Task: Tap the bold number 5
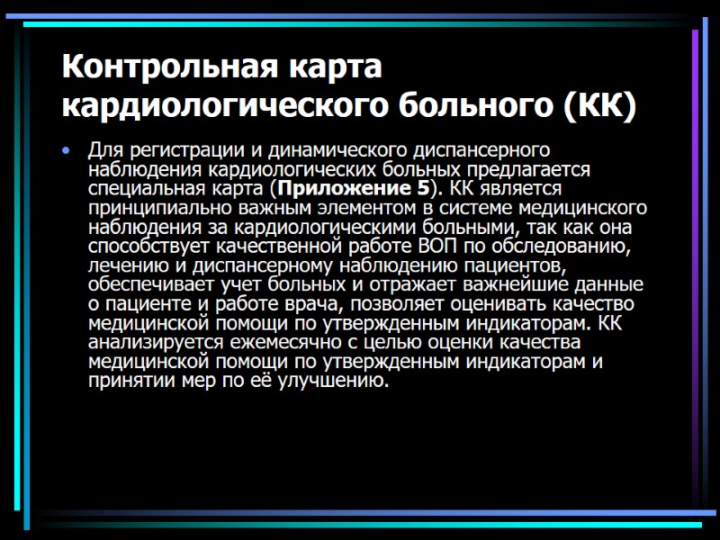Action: (423, 189)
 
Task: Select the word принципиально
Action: (153, 208)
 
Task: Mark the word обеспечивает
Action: (148, 285)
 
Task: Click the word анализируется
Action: (153, 343)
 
